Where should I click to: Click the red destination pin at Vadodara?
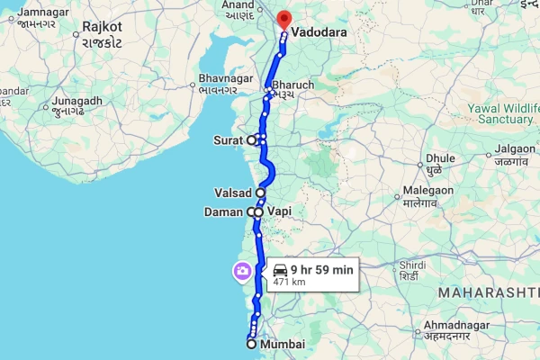[284, 19]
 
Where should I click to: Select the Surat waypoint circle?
[252, 140]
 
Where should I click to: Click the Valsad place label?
[232, 193]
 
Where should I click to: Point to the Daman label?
[226, 211]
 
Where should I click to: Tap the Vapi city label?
[280, 211]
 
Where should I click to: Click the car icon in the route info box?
[280, 269]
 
